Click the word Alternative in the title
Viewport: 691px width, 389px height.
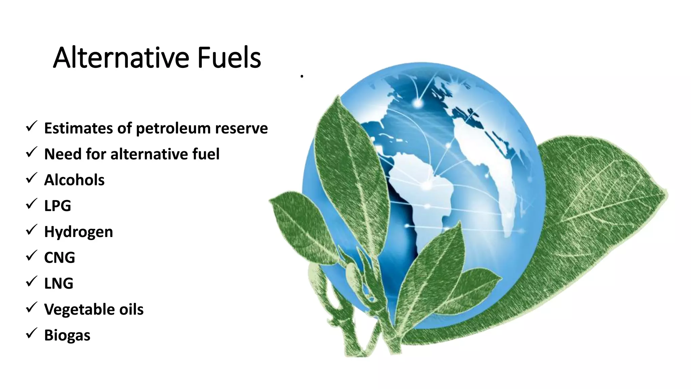coord(121,58)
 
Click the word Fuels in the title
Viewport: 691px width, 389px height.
coord(229,58)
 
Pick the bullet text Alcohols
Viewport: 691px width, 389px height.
coord(74,180)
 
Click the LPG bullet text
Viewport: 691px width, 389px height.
coord(58,206)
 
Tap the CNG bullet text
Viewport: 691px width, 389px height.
coord(59,258)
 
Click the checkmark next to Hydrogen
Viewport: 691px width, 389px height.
coord(31,230)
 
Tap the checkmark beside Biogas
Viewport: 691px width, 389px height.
coord(31,334)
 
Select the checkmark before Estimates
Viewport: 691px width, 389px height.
coord(31,127)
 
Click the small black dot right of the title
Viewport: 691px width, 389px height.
coord(302,77)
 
